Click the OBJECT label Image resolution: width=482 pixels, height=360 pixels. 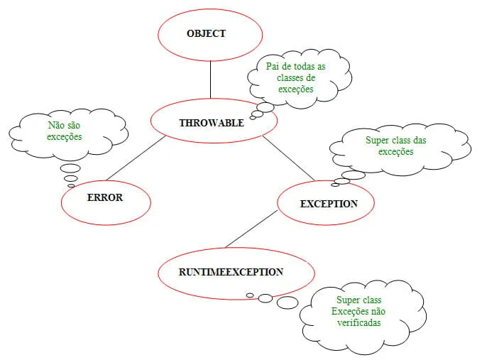click(x=206, y=33)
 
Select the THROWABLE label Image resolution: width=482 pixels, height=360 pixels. click(x=212, y=123)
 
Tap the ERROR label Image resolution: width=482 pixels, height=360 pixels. click(x=105, y=197)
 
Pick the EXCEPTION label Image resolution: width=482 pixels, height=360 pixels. click(x=329, y=204)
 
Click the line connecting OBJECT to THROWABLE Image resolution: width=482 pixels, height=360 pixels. click(x=210, y=78)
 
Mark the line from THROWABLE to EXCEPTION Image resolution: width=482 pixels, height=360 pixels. click(x=288, y=157)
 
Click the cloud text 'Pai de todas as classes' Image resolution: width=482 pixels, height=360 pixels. click(x=296, y=72)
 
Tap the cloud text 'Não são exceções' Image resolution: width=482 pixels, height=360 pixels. click(x=65, y=131)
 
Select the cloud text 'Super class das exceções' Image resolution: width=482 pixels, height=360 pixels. click(x=396, y=146)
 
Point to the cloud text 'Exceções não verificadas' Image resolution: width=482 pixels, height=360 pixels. click(x=359, y=317)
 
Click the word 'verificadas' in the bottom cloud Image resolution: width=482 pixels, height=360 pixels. click(x=359, y=322)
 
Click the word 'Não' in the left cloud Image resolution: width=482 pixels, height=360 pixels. click(x=56, y=125)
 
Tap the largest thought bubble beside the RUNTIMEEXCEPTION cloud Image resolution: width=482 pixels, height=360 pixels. click(x=287, y=302)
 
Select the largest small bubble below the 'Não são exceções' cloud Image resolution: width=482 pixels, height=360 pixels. click(x=70, y=168)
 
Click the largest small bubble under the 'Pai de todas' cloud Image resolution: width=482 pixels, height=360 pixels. click(x=265, y=108)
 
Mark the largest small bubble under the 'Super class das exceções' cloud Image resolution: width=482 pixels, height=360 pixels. click(x=353, y=175)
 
